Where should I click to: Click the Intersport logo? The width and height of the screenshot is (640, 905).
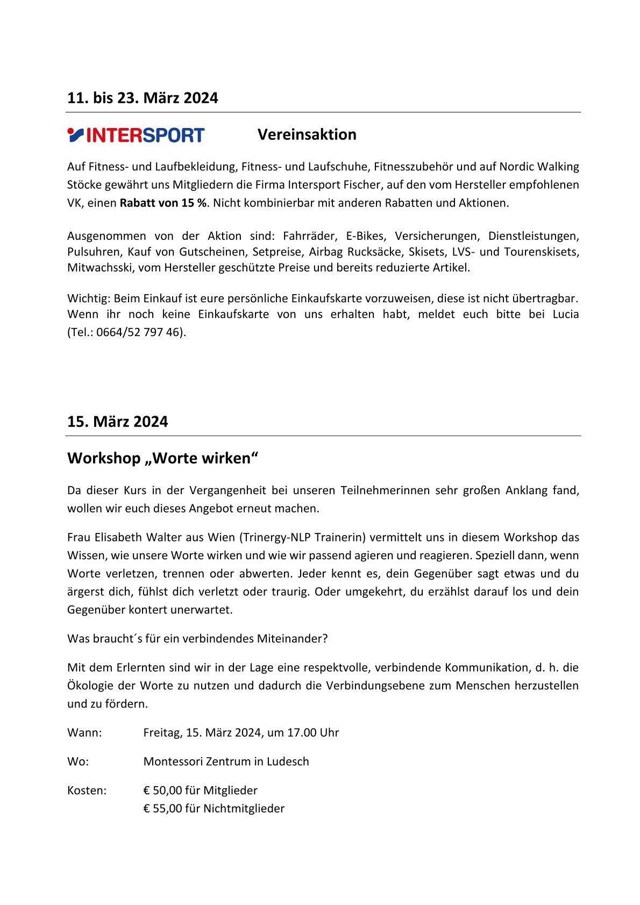click(136, 134)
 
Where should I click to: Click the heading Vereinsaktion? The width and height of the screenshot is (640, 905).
click(307, 134)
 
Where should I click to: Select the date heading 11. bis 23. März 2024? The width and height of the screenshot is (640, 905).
click(143, 98)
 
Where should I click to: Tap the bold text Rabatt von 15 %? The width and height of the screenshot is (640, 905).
click(163, 203)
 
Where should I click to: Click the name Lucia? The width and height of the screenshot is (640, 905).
click(565, 314)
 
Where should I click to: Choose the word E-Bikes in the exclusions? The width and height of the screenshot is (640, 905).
click(365, 236)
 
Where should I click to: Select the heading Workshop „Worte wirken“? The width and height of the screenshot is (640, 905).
click(163, 458)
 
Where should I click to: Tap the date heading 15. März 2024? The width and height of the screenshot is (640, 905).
click(117, 422)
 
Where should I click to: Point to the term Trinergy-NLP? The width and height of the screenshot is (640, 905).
click(276, 537)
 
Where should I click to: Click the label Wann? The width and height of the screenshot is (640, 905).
click(84, 733)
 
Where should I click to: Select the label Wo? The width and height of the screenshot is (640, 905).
click(78, 762)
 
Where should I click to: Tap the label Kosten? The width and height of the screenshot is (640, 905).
click(87, 790)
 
